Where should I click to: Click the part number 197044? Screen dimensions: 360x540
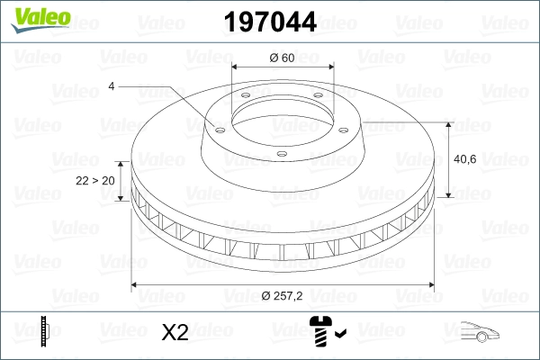270,20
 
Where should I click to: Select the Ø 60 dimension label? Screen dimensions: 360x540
283,58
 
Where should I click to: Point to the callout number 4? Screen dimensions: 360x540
112,85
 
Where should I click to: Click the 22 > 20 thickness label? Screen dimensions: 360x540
94,180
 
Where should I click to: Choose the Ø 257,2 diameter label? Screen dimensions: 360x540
283,296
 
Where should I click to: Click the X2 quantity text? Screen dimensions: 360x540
174,332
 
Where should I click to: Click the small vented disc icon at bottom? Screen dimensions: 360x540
44,331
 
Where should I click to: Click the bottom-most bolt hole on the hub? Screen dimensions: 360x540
282,154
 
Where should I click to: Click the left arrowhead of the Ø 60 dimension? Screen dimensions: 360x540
236,67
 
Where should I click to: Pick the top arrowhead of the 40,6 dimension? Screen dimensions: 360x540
449,123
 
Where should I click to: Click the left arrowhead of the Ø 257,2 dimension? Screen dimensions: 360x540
135,286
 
